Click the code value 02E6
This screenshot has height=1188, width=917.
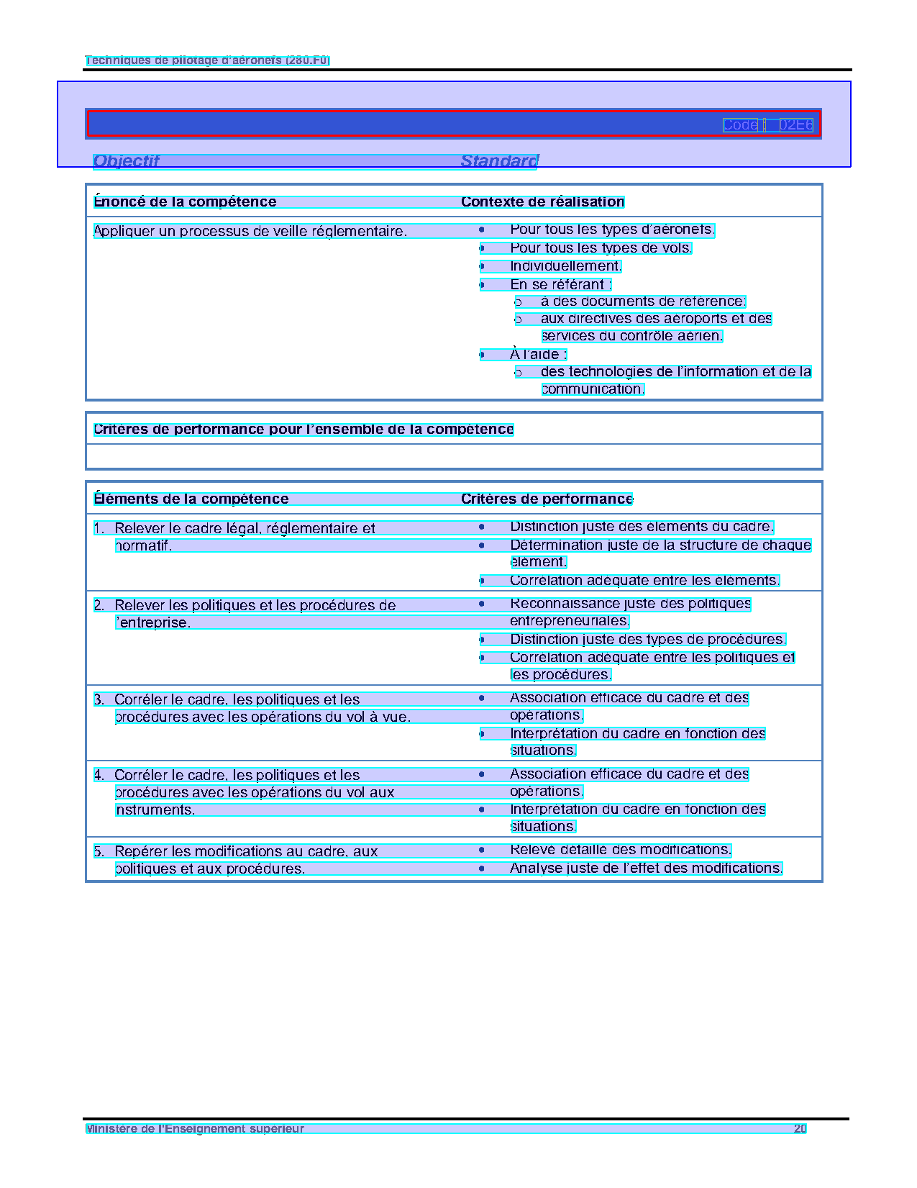pos(796,125)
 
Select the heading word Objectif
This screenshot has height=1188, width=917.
pos(127,161)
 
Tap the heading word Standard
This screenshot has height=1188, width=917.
pos(499,161)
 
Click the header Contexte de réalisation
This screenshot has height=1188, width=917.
pos(542,202)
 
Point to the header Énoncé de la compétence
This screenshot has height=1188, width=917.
pos(186,202)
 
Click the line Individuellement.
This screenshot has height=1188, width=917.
pos(565,266)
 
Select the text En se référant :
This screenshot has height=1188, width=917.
pos(561,285)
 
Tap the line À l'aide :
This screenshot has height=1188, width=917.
pos(539,355)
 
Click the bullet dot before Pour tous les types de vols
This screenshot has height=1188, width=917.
pos(482,248)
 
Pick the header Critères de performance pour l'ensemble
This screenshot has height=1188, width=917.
pos(304,430)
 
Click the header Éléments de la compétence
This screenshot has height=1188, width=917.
pos(192,499)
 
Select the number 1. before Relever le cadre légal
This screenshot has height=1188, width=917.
pos(99,529)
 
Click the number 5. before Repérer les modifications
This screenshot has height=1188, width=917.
pos(99,852)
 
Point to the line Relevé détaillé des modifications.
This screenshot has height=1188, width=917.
pos(620,850)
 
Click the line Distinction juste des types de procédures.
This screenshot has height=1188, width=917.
pos(647,640)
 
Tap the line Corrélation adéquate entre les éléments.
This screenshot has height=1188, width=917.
pos(644,581)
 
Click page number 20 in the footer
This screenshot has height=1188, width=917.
pos(800,1129)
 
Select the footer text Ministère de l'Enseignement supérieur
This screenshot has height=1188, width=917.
pos(195,1129)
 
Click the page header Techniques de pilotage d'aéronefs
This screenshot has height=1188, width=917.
pos(207,60)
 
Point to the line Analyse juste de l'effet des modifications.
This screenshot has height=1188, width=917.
pos(645,869)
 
